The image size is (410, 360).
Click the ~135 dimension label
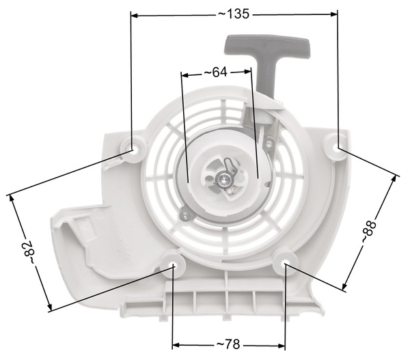click(234, 14)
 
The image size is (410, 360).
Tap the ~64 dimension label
click(215, 72)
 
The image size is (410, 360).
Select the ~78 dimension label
click(228, 344)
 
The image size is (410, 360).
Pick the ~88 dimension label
click(369, 232)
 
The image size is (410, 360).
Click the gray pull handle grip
click(267, 45)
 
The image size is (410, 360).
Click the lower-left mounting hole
click(173, 265)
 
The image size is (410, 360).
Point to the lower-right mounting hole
click(285, 264)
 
